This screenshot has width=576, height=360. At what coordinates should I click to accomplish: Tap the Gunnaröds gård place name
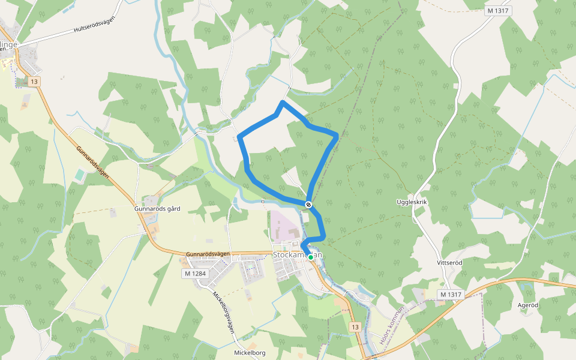coord(158,209)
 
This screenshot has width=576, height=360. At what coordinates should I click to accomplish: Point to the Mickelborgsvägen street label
coord(224,313)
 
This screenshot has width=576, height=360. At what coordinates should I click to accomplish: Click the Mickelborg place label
coord(250,352)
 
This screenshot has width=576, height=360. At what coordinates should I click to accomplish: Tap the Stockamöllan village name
coord(298,254)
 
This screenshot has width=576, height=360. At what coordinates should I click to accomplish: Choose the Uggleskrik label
coord(412,202)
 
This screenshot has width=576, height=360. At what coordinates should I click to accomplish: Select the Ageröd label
coord(528,305)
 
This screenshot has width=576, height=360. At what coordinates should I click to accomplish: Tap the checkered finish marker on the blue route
coord(308,205)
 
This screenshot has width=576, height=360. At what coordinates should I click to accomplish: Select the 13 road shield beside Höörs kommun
coord(355,327)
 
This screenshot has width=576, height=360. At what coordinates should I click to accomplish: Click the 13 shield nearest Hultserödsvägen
coord(34,82)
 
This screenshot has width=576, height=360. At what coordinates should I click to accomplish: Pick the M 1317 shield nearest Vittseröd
coord(451,294)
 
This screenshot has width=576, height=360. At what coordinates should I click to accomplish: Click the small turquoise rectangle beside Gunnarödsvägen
coord(80,175)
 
